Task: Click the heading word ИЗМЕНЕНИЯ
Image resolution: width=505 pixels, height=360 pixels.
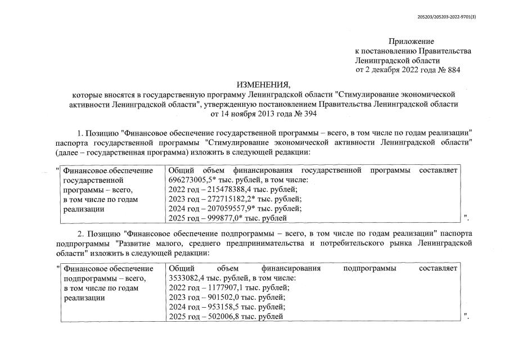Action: coord(263,85)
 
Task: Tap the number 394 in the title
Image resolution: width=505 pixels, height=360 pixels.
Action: coord(309,114)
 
